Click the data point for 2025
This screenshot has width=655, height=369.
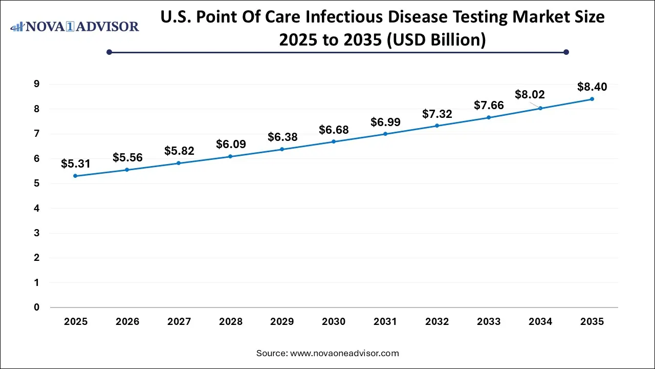click(75, 176)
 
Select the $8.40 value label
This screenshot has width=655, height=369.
click(592, 87)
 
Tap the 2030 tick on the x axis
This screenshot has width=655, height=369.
click(334, 322)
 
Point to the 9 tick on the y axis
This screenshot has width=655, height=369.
click(37, 84)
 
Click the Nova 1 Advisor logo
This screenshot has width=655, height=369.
click(75, 26)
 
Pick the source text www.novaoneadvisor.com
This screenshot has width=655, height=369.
click(344, 353)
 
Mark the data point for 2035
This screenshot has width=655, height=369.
click(592, 99)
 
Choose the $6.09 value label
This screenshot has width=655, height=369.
click(231, 145)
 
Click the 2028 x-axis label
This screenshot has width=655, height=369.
click(230, 322)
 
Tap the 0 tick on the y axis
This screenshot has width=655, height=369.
click(37, 307)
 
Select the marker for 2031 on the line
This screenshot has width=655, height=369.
click(385, 134)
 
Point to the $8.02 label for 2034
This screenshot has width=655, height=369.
click(529, 94)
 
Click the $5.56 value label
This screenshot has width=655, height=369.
click(127, 157)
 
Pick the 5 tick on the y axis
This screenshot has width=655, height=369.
click(37, 183)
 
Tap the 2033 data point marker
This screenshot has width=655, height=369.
click(489, 117)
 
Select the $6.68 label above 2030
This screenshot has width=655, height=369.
click(334, 130)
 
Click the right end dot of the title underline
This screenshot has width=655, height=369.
click(566, 52)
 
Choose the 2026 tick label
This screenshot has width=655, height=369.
click(127, 322)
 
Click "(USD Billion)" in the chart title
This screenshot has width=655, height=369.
click(435, 39)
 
